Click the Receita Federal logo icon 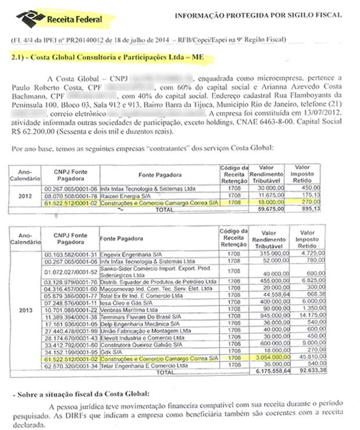(26, 17)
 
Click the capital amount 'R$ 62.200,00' (30, 131)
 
